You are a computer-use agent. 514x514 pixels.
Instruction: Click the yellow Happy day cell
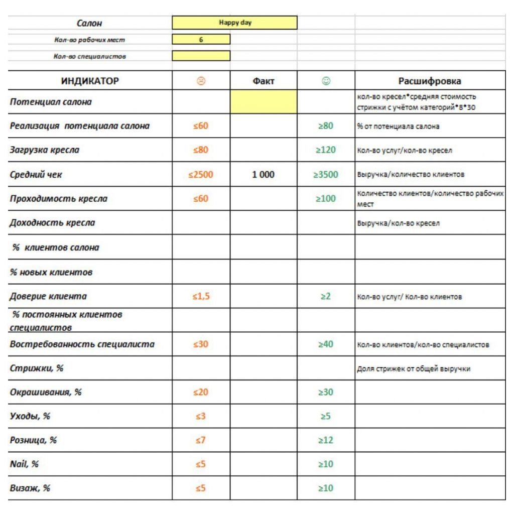234,23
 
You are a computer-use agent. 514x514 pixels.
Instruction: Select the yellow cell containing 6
201,40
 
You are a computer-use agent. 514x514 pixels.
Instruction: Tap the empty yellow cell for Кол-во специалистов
201,56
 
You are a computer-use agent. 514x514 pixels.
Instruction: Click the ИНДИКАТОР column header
90,81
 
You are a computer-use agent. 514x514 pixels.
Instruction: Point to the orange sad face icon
201,81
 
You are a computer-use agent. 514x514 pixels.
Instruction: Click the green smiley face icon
326,81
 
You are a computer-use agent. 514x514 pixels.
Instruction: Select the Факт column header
264,81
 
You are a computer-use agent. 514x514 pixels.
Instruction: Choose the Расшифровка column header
430,81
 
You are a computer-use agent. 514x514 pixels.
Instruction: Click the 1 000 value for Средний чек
264,175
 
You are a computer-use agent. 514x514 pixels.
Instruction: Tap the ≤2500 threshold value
201,175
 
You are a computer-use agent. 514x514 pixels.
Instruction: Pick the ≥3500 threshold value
326,175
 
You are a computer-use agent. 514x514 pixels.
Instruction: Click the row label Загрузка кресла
45,150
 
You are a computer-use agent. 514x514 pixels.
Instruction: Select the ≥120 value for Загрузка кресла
326,150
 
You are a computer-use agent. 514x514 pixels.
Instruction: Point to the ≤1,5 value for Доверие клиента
201,296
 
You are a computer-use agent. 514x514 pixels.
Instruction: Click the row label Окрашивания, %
46,392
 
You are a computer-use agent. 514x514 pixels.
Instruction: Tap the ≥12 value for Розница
326,440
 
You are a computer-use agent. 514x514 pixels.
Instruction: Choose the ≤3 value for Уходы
201,416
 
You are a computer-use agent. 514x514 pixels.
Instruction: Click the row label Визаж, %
30,488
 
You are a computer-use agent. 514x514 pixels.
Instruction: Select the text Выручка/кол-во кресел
398,223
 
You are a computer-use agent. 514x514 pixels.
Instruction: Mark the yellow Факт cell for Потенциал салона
264,102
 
